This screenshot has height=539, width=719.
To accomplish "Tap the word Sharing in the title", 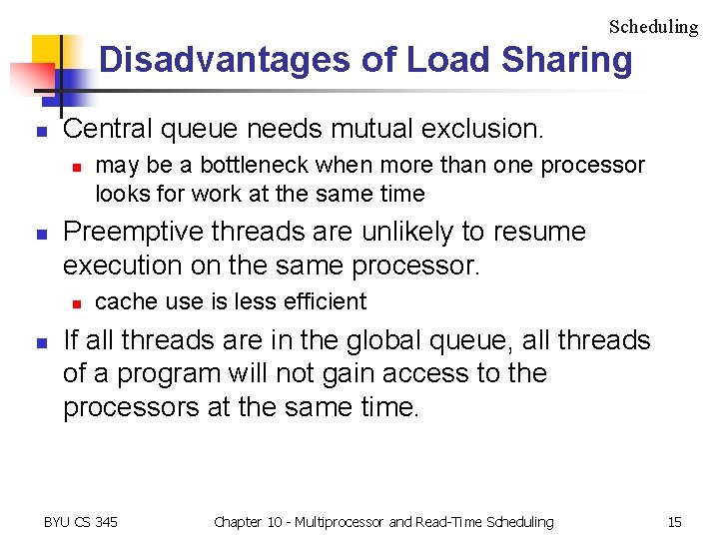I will point(567,60).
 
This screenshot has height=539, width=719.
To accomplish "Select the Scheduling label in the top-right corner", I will point(653,27).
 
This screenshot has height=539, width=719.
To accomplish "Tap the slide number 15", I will point(674,522).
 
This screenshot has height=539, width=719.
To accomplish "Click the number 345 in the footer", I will point(104,522).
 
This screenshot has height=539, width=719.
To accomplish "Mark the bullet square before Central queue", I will point(41,131).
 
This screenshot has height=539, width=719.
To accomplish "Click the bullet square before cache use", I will point(73,302).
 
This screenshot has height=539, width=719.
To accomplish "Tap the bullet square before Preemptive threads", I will point(41,234).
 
